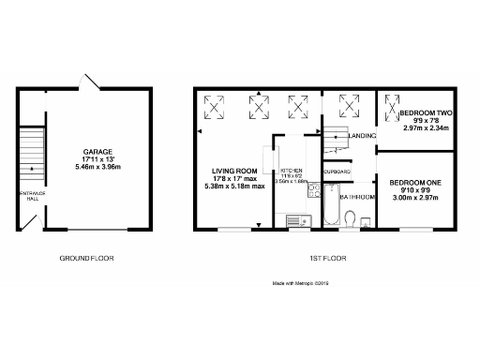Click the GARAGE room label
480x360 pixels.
click(x=97, y=152)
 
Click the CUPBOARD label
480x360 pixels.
click(x=337, y=172)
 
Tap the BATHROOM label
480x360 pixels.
click(x=357, y=197)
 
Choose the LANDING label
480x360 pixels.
click(x=361, y=136)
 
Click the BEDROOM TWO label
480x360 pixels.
click(x=426, y=112)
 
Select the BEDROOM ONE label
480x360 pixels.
click(x=415, y=182)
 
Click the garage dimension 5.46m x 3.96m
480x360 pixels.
click(x=97, y=167)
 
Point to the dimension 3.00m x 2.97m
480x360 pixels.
click(x=415, y=198)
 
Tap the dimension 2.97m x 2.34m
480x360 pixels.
click(x=426, y=127)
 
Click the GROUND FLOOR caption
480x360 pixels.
click(x=86, y=257)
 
